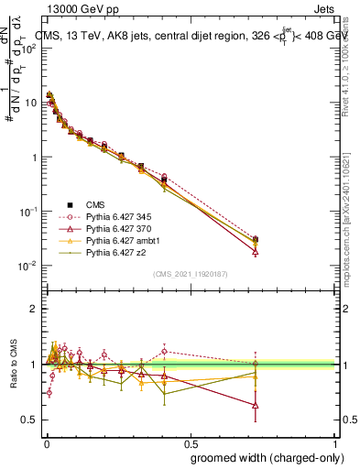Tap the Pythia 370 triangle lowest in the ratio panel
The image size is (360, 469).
(255, 404)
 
